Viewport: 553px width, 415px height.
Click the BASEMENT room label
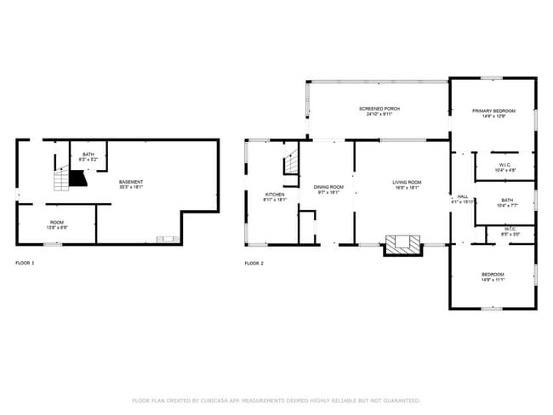(x=130, y=182)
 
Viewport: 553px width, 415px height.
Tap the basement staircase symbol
(x=61, y=179)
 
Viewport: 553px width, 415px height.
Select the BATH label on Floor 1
(x=88, y=154)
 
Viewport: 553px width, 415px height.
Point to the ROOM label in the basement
(x=56, y=222)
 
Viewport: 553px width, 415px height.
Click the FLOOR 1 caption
(x=26, y=264)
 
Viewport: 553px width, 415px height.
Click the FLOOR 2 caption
(x=254, y=264)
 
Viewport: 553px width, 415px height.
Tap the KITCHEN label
(x=275, y=195)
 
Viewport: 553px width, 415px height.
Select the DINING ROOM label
(x=328, y=187)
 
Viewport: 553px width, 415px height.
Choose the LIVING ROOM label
(x=407, y=182)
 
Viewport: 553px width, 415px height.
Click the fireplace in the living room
(x=403, y=244)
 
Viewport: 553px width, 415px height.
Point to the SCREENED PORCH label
(x=379, y=109)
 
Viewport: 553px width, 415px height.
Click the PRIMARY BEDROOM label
(x=493, y=111)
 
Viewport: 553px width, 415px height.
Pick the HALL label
(x=462, y=196)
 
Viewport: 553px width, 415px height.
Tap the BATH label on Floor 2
(x=505, y=200)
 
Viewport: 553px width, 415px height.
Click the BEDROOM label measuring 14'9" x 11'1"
(x=493, y=274)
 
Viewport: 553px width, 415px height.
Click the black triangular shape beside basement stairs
(x=78, y=178)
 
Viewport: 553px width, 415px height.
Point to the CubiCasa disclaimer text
(x=276, y=400)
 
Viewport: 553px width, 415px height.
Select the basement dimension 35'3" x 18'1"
(x=130, y=187)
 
